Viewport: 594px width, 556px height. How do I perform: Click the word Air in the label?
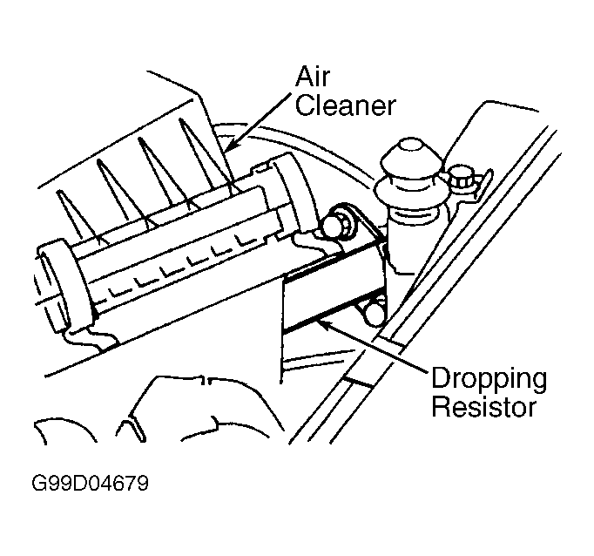[313, 77]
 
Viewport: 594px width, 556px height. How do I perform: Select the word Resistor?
[483, 407]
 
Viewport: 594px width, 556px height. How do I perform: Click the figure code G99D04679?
[91, 483]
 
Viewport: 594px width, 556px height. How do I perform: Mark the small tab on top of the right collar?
[261, 167]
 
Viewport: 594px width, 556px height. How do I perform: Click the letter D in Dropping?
[441, 378]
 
